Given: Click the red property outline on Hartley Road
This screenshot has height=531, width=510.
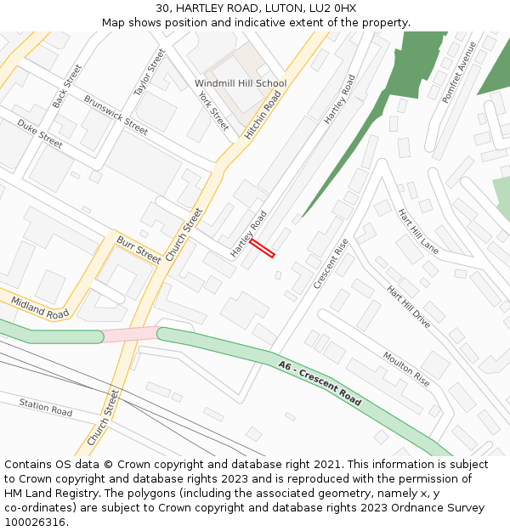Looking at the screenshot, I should [x=263, y=247].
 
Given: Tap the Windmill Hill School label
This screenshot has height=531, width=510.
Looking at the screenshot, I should [x=241, y=83].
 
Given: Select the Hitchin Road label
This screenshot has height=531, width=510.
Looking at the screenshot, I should [x=263, y=116].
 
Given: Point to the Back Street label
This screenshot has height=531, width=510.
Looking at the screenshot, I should [x=67, y=86].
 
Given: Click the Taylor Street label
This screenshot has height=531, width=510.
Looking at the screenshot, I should [x=150, y=71].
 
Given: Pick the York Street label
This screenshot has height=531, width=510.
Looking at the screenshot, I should [x=213, y=110].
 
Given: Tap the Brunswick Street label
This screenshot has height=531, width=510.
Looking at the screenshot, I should [x=116, y=115].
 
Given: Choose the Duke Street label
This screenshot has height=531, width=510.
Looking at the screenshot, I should [x=40, y=133].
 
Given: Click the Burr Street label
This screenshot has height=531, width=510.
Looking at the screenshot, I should [x=139, y=249].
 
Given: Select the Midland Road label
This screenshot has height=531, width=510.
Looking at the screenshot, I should [x=40, y=308].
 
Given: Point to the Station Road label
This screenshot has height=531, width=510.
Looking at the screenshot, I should [x=46, y=407].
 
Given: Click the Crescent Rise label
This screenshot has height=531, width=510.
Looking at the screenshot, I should [x=331, y=263].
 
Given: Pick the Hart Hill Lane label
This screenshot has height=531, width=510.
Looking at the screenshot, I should [x=418, y=231].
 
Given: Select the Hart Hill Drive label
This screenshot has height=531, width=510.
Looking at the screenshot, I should [x=409, y=307].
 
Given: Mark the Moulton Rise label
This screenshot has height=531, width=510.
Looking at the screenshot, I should [x=405, y=369].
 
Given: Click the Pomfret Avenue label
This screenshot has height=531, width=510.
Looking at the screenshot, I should [x=459, y=71].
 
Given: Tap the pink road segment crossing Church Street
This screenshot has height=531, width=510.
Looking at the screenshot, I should [x=130, y=334].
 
